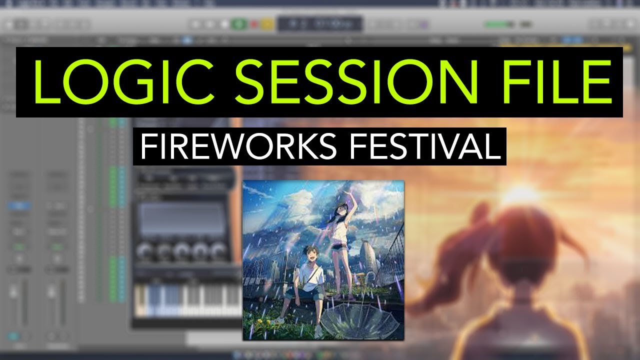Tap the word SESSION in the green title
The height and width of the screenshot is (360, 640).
[x=356, y=82]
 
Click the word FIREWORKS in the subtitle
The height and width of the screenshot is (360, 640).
[x=238, y=146]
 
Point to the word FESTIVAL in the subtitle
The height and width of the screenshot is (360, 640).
[x=425, y=146]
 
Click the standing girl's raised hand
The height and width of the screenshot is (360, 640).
[x=348, y=195]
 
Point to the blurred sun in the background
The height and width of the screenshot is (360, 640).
[x=520, y=194]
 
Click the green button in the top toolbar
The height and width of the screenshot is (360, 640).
[x=238, y=24]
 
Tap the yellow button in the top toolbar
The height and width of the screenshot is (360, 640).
[x=267, y=24]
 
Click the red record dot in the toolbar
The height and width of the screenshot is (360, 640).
[x=253, y=24]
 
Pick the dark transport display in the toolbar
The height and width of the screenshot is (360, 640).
[x=320, y=24]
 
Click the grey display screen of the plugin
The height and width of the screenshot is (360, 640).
[x=181, y=218]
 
